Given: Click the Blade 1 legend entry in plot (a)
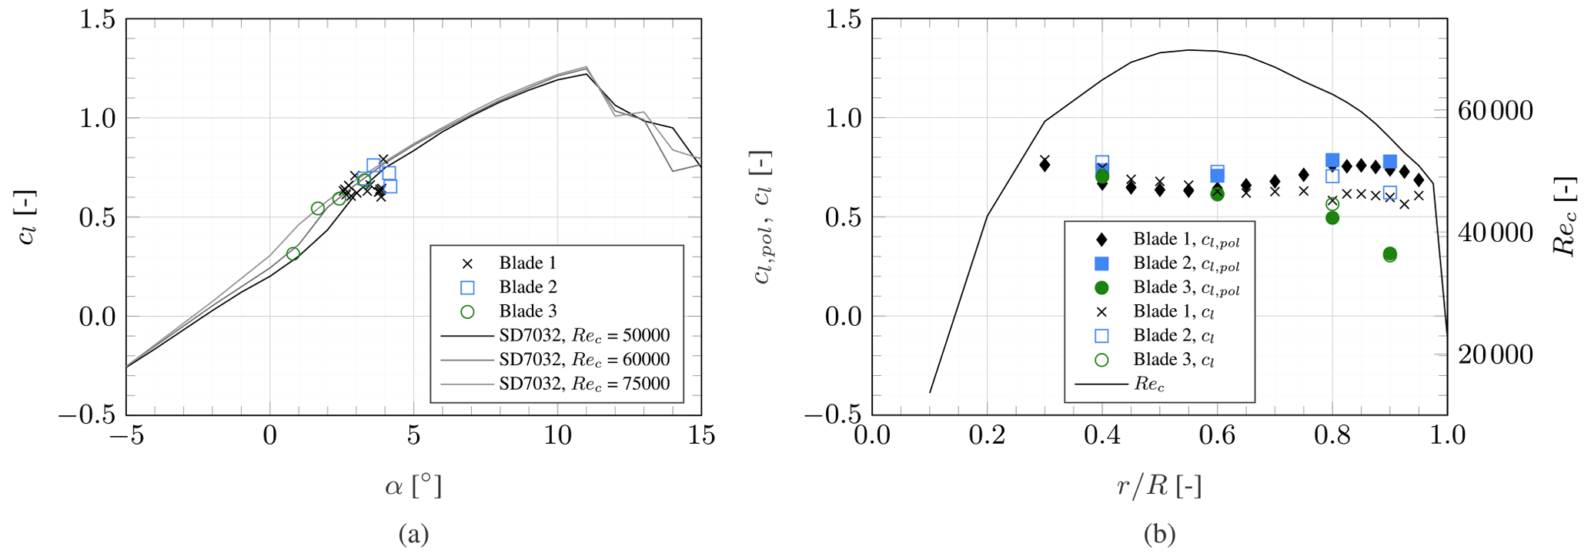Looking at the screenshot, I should pos(527,263).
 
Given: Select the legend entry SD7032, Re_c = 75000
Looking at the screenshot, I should pos(583,384).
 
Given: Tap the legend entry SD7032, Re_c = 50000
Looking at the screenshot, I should pos(583,336).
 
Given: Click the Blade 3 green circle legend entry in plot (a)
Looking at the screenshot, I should pos(527,311).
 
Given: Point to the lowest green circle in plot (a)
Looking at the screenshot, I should pos(292,254).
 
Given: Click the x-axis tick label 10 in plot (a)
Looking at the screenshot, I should pos(557,436).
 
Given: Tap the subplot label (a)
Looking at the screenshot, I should pos(413,534).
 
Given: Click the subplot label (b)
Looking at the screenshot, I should pos(1159,534).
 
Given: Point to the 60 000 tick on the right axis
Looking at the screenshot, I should pos(1496,111).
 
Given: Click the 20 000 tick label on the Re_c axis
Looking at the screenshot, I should pos(1496,354).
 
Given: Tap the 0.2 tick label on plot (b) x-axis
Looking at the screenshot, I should pos(987,436).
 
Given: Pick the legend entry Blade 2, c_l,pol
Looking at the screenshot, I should pos(1185,263).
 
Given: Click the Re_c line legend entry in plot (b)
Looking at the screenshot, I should pos(1148,384).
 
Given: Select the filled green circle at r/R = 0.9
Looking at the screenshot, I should pos(1389,254).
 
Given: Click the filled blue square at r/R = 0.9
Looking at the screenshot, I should pos(1389,162).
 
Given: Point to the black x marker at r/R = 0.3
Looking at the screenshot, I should pos(1045,159).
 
